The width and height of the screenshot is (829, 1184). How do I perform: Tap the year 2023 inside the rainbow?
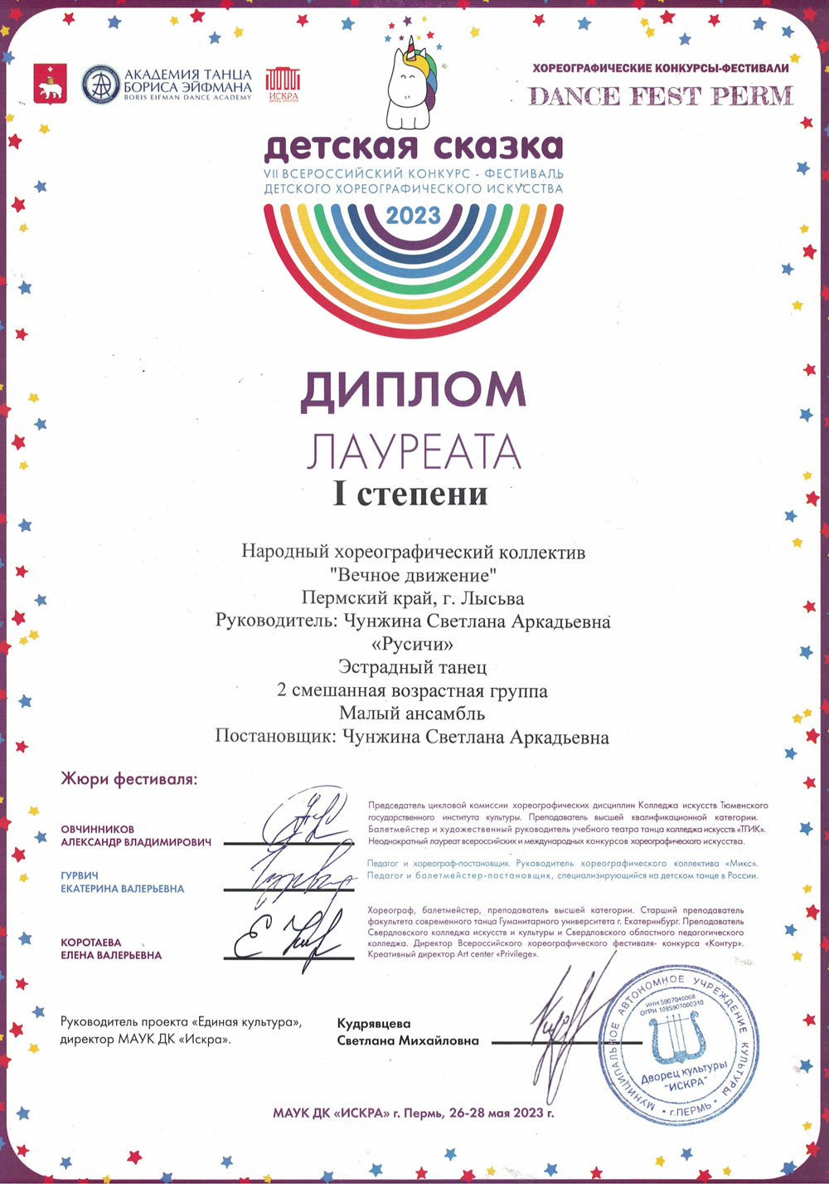414,216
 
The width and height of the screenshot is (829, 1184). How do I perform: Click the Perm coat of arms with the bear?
50,84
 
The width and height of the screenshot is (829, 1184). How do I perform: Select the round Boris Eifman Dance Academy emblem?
100,84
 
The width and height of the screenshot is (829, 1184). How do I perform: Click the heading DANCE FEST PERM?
661,96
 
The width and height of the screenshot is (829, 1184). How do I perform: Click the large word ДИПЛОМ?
413,390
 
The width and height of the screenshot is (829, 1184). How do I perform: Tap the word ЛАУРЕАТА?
414,452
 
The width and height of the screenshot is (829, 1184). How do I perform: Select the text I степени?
410,494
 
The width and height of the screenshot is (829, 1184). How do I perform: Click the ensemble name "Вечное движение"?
413,574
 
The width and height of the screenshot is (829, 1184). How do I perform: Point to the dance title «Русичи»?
413,644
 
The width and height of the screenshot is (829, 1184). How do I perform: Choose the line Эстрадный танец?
412,666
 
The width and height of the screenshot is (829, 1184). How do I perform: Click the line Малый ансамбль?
412,713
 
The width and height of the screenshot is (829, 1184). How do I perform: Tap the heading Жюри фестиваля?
129,779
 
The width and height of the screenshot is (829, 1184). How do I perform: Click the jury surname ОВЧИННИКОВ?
97,829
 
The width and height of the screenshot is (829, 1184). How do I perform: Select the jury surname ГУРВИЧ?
80,875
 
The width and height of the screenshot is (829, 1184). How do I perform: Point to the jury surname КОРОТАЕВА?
91,943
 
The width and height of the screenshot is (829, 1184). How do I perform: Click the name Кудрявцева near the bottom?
374,1024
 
